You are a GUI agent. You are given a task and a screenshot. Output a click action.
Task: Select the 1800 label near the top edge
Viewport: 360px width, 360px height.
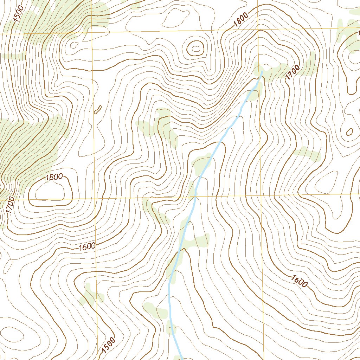(x=241, y=21)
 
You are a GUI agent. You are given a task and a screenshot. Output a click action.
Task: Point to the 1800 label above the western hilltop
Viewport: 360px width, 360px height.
(x=54, y=177)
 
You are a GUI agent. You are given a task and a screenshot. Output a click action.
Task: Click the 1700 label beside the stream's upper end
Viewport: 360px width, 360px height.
(x=293, y=72)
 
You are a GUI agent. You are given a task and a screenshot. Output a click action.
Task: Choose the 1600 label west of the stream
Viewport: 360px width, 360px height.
(x=87, y=246)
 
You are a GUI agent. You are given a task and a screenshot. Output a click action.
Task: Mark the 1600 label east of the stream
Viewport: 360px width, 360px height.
(x=299, y=281)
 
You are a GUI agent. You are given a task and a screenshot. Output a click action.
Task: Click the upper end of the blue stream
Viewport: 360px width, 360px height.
(x=262, y=72)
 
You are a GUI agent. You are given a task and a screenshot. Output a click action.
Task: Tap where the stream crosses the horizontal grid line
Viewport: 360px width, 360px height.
(x=195, y=197)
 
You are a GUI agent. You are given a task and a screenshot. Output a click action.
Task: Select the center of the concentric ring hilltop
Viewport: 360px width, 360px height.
(x=195, y=48)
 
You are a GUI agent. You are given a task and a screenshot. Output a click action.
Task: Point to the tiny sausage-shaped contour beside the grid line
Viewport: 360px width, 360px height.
(x=98, y=110)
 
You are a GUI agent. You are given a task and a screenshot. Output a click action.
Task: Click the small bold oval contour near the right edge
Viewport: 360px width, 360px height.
(x=349, y=132)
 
